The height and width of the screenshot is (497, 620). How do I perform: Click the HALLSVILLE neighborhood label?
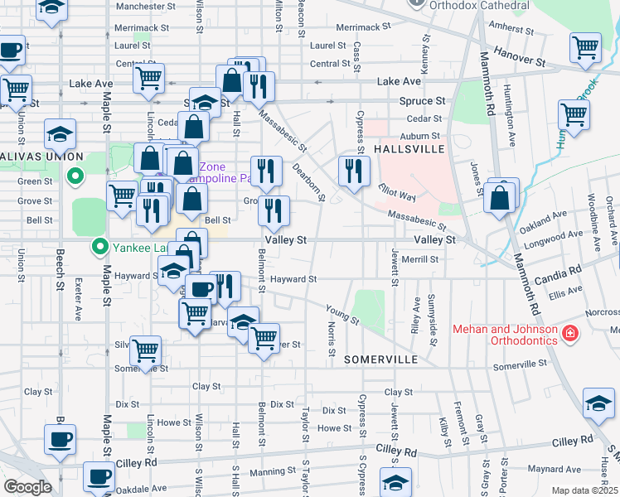click(x=409, y=148)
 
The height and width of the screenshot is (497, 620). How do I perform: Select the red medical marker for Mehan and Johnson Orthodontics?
click(x=569, y=334)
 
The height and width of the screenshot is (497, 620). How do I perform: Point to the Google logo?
click(x=27, y=486)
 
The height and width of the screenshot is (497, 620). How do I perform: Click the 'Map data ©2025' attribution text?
click(x=584, y=490)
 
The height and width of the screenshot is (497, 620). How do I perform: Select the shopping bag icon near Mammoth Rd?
click(x=500, y=199)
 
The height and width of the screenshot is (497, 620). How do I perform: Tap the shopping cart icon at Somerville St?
click(x=146, y=350)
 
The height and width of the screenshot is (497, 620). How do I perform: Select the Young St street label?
click(x=342, y=314)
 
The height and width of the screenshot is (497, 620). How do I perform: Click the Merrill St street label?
click(x=419, y=259)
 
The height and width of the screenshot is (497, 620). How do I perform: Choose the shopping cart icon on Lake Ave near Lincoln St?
click(x=148, y=78)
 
